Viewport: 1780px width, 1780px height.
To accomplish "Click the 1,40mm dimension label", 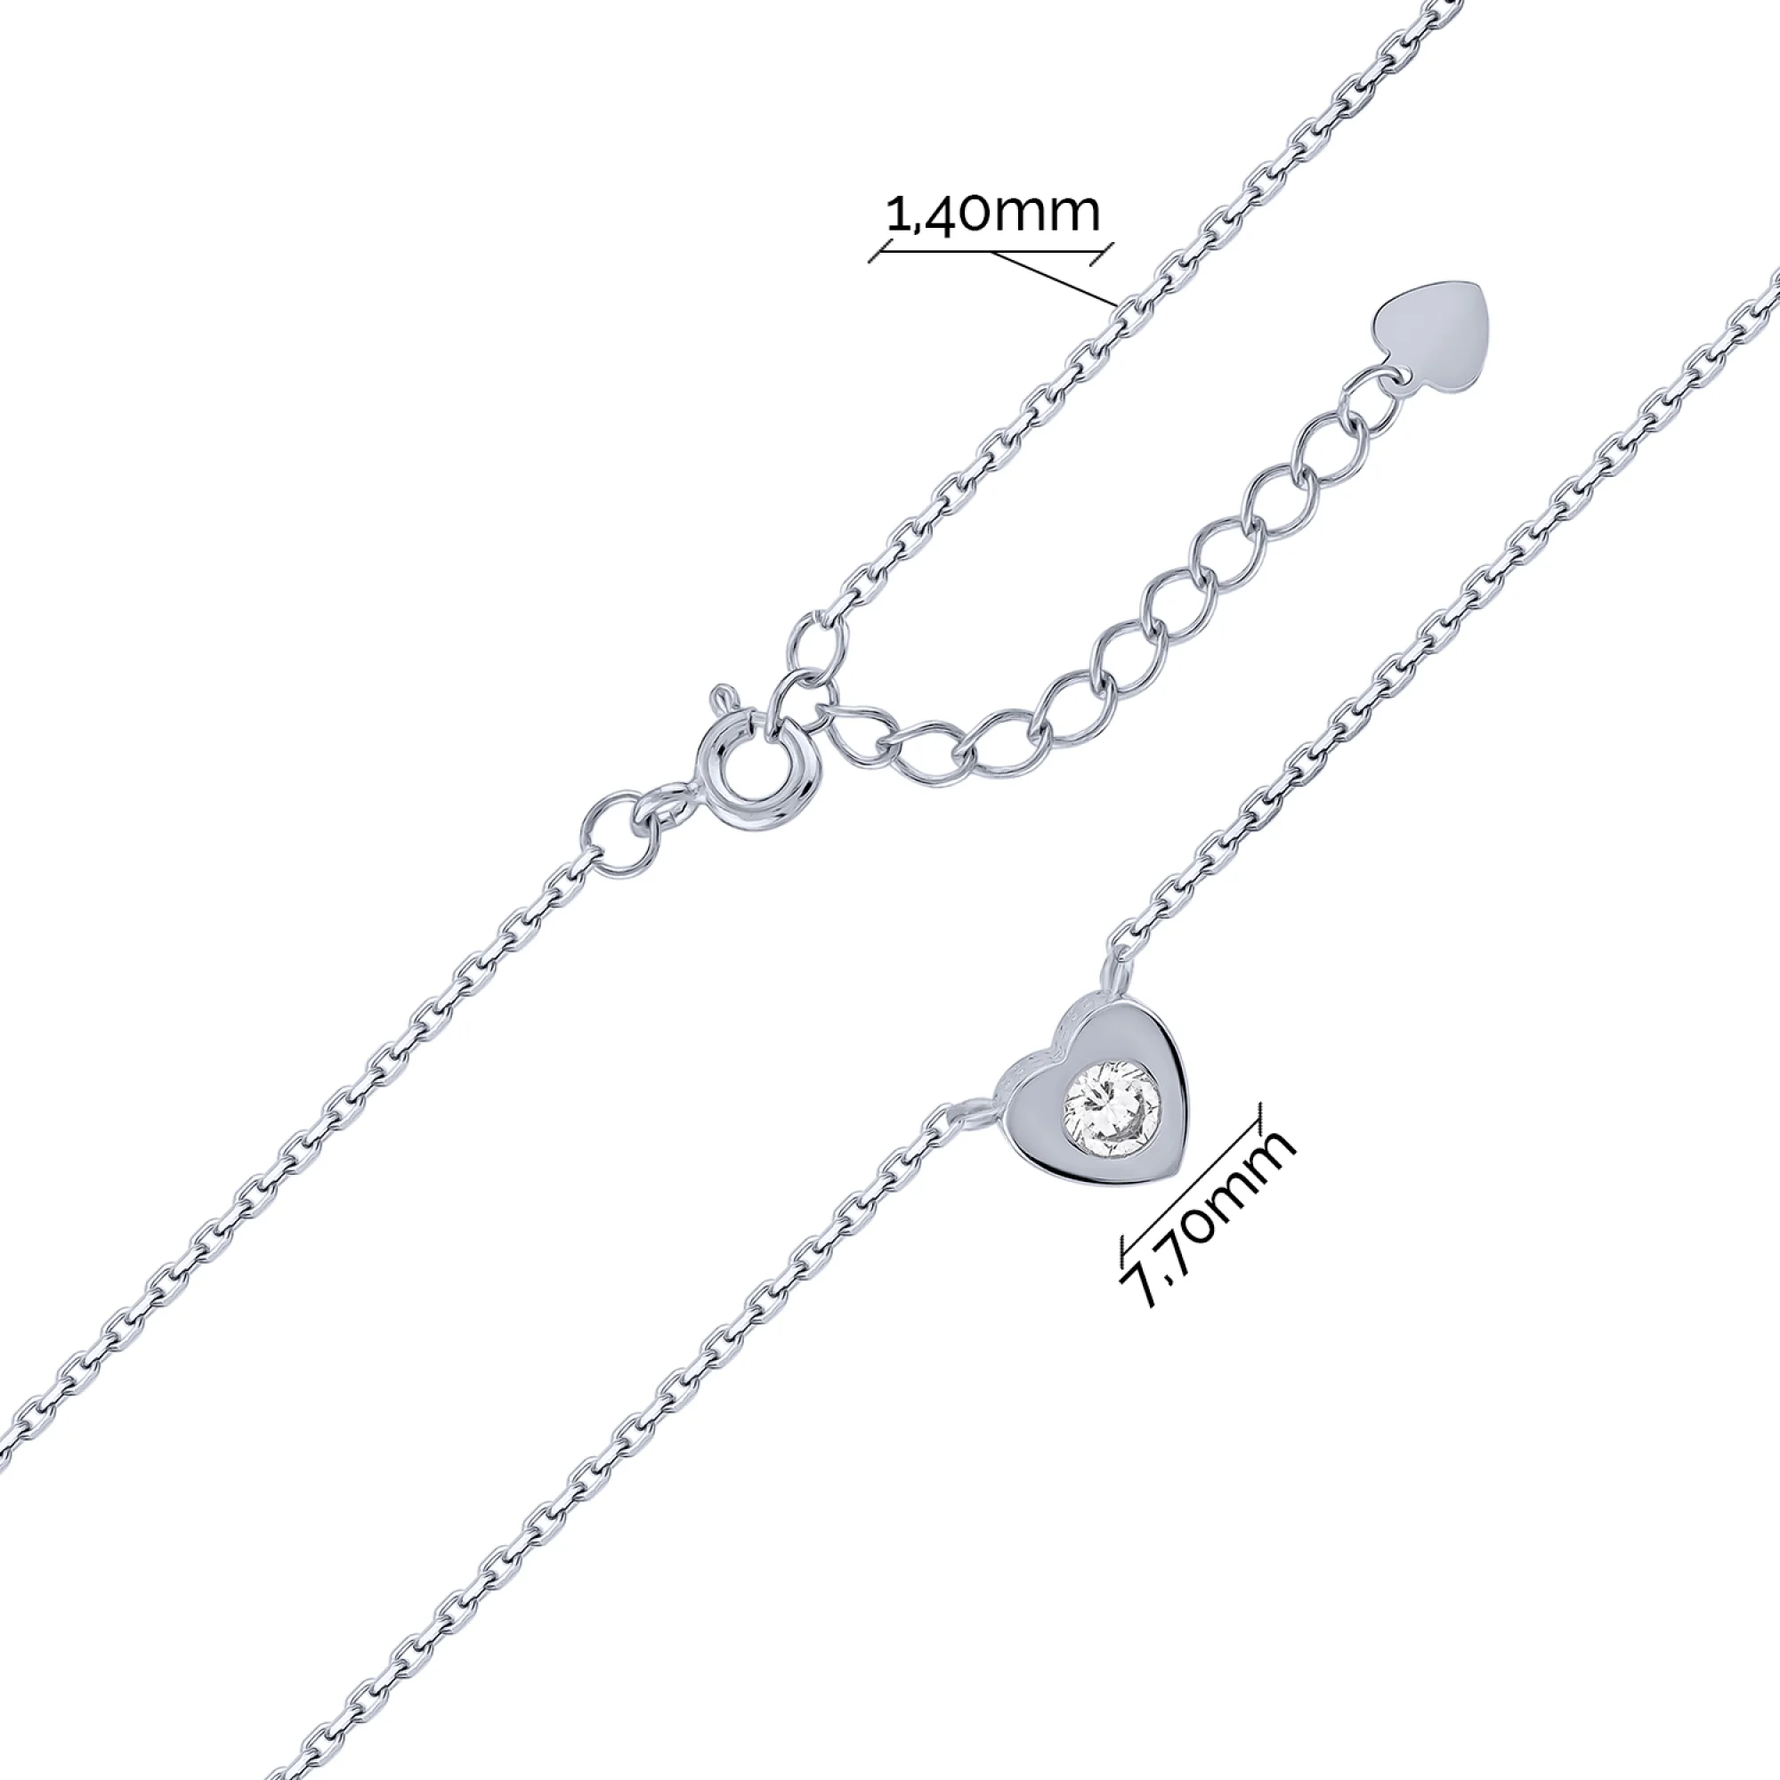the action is point(993,214).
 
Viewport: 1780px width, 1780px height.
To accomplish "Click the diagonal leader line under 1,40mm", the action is point(1054,278).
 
